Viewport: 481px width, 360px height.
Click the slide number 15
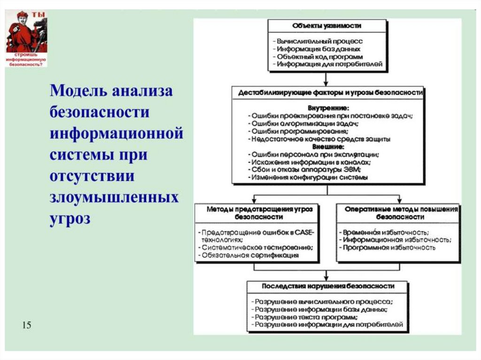26,325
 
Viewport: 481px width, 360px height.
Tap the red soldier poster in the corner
26,38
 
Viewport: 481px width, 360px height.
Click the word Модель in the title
77,91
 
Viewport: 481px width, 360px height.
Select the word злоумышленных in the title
114,198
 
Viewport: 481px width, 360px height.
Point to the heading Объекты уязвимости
327,25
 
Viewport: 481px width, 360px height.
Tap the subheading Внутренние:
328,107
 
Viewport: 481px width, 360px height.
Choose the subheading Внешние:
328,146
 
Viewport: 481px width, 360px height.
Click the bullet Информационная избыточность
396,240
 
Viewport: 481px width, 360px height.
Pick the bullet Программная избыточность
389,247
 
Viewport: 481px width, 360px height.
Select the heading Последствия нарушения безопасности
327,286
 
